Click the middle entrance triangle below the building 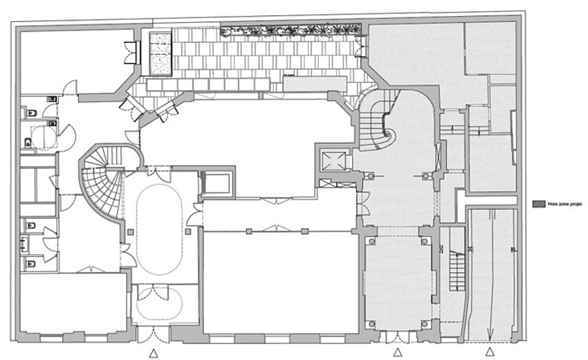click(397, 352)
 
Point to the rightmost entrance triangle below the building click(490, 352)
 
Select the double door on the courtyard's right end click(359, 46)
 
